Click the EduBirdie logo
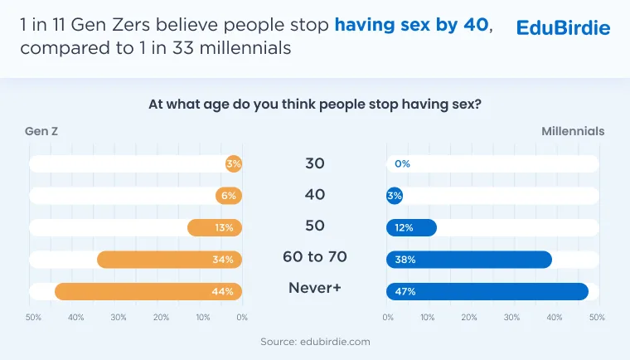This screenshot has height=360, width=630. coord(563,27)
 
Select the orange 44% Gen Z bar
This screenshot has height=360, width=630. coord(148,292)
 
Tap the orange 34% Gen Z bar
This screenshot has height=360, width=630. coord(170,260)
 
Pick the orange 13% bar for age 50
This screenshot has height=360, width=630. coord(215,227)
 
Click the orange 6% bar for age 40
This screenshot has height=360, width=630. coord(229,196)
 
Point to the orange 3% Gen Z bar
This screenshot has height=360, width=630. coord(234,163)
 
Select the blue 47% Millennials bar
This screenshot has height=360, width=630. coord(487,292)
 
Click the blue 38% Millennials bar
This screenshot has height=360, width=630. coord(469,260)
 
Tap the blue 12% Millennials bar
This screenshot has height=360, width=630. coord(411,227)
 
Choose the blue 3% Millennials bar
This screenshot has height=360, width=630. coord(395,196)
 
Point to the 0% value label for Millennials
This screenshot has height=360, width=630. coord(402,163)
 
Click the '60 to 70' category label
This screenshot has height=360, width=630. coord(315,256)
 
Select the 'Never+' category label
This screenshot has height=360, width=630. coord(315,288)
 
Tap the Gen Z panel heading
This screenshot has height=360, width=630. coord(41,131)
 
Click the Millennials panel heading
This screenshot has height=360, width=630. coord(573,131)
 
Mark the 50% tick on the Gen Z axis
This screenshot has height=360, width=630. coord(33,318)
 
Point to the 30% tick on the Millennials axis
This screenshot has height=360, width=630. coord(511,318)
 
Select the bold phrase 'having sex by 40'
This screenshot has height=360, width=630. coord(412,25)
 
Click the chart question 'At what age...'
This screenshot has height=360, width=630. coord(315,105)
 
